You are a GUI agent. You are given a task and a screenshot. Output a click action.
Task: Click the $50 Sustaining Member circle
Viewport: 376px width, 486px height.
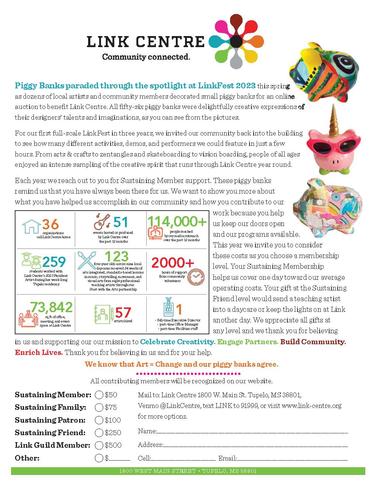click(x=99, y=395)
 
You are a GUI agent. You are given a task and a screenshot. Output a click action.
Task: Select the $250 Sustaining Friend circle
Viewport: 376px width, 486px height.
click(x=99, y=433)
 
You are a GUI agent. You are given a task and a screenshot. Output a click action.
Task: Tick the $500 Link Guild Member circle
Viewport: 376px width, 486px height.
click(x=99, y=445)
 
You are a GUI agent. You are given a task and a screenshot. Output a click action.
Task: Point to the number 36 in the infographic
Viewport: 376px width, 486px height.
click(x=51, y=224)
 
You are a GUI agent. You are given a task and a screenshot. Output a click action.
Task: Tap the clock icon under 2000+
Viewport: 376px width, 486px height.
click(x=195, y=276)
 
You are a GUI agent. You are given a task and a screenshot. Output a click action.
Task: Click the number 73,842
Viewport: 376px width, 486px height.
click(x=51, y=307)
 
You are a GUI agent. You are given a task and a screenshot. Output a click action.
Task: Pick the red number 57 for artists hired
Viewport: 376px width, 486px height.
click(x=123, y=313)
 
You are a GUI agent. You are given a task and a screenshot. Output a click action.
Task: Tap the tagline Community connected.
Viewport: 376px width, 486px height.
click(x=146, y=57)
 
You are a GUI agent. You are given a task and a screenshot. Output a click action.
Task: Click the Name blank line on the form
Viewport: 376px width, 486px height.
click(x=252, y=432)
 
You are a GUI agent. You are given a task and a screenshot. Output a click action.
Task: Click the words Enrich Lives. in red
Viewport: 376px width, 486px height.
click(x=39, y=352)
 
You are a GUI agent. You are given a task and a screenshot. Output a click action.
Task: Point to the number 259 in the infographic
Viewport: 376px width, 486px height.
click(x=54, y=262)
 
